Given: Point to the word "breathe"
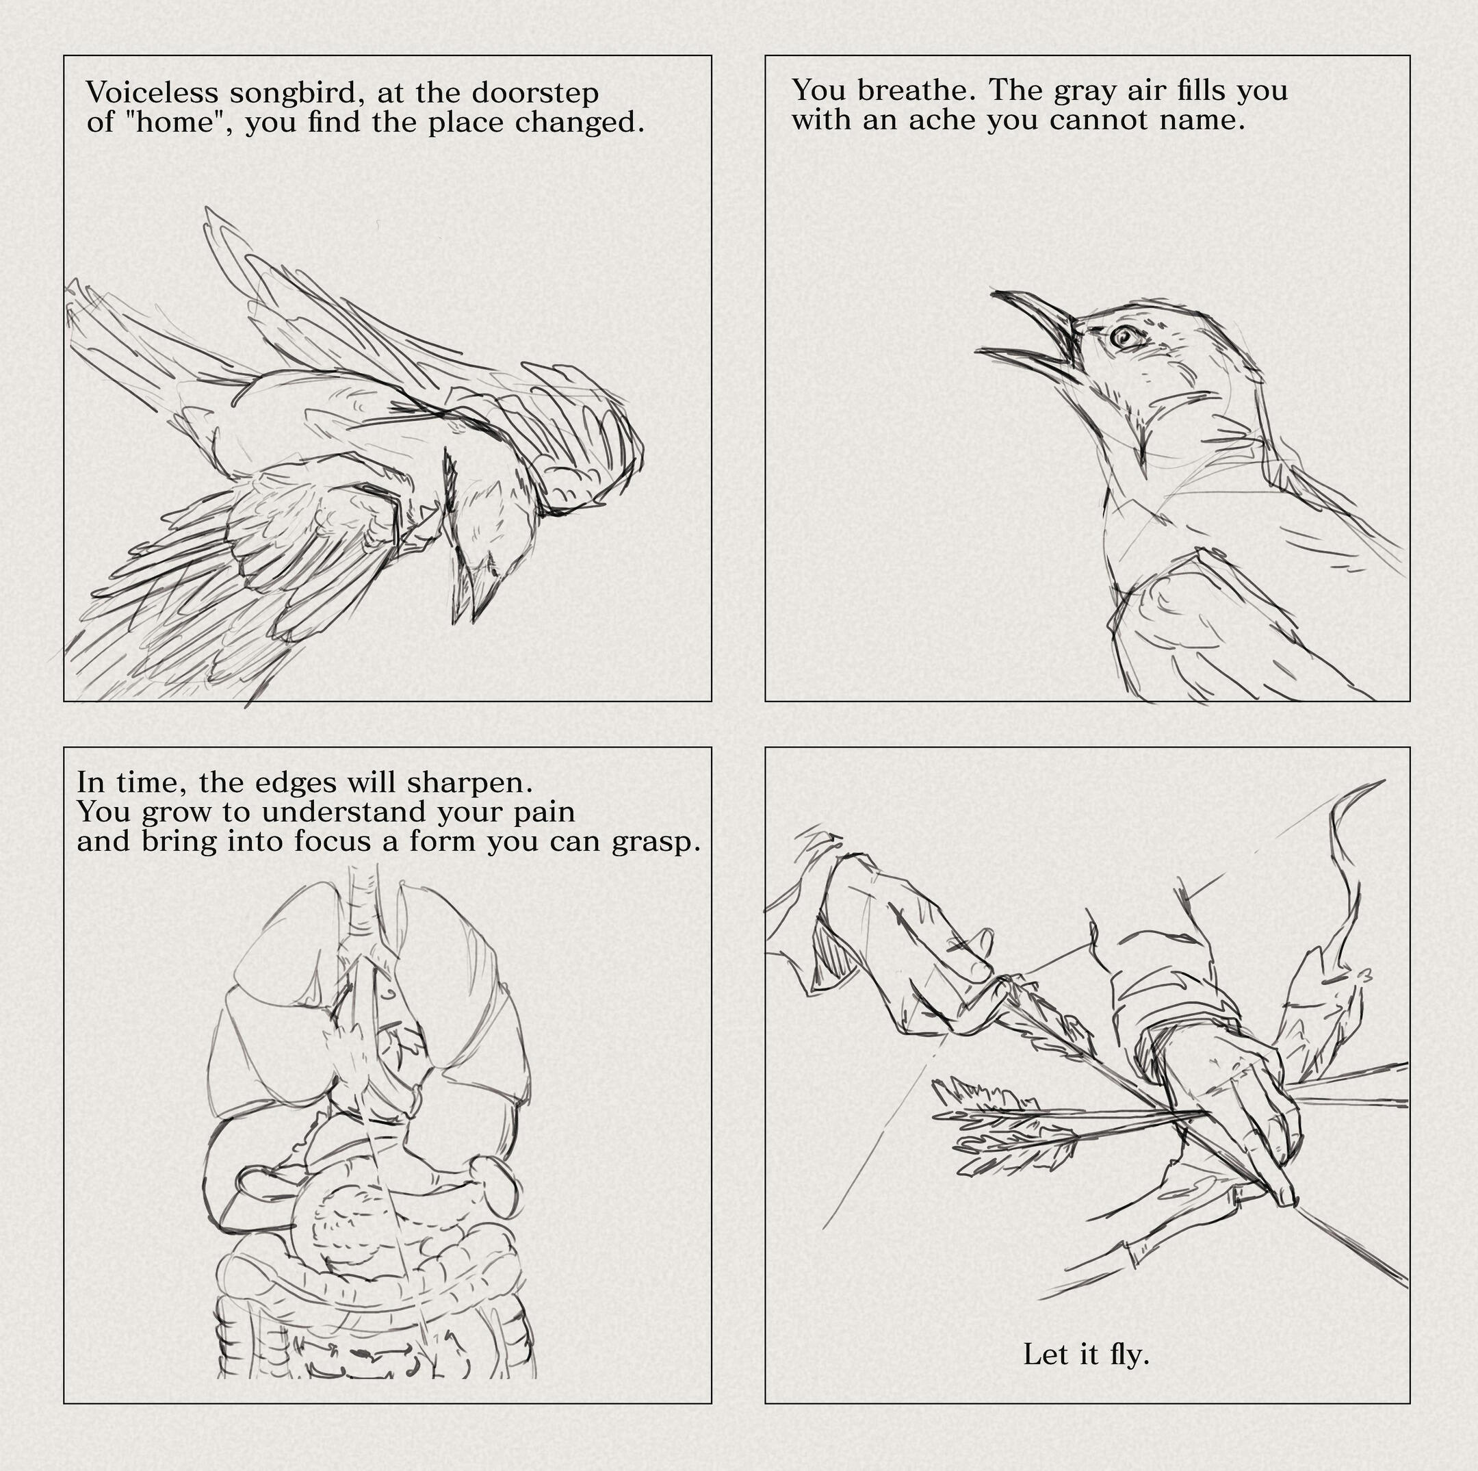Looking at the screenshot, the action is point(915,90).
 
